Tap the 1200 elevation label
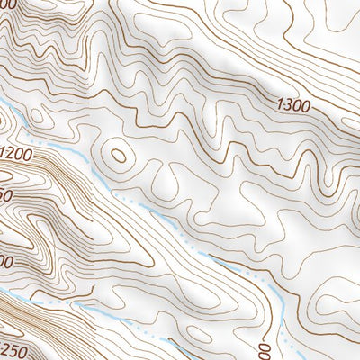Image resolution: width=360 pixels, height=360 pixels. click(x=17, y=154)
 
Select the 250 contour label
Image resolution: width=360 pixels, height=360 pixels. click(x=12, y=349)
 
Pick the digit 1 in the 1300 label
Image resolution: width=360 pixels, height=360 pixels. click(x=283, y=105)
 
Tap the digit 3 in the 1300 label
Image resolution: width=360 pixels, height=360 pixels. click(x=290, y=106)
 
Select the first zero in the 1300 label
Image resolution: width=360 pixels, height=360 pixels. click(x=298, y=107)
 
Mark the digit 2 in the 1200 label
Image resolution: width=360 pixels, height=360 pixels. click(x=13, y=155)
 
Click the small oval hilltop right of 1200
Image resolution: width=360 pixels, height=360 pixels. click(x=118, y=155)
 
